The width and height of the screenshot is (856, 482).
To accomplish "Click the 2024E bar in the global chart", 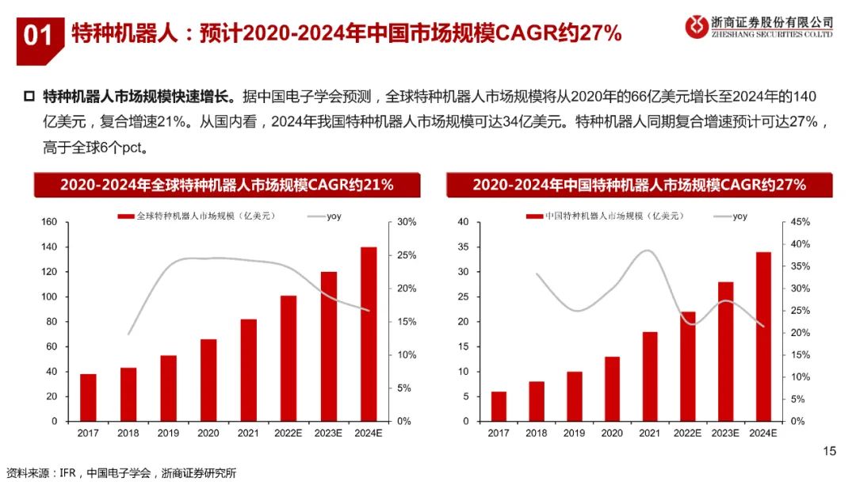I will (369, 334).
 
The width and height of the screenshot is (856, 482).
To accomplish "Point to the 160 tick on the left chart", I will (48, 222).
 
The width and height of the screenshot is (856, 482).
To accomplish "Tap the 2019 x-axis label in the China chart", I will (575, 433).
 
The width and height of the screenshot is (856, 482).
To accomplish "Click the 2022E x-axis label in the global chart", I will (288, 433).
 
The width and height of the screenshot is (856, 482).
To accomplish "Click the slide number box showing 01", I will (38, 36).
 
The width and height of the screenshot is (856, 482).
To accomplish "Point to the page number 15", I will (830, 451).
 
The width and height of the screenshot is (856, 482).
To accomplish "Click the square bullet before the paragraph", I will (30, 97).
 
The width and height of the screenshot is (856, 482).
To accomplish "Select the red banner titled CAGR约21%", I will (227, 185).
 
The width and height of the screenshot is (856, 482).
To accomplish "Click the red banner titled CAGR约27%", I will (639, 185).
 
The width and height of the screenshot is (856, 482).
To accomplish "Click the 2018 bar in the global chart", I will (128, 394).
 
